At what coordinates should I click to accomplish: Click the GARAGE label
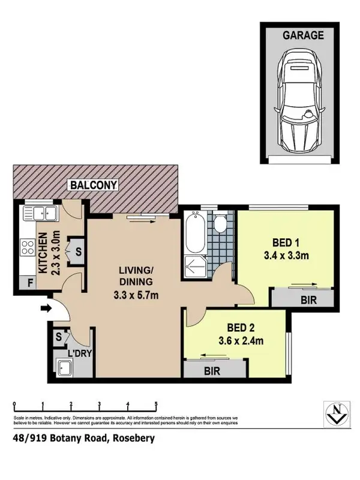(x=303, y=35)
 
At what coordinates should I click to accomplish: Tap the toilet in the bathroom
(x=220, y=223)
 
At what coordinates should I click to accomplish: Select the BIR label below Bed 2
(x=212, y=371)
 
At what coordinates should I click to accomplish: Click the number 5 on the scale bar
(x=157, y=404)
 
